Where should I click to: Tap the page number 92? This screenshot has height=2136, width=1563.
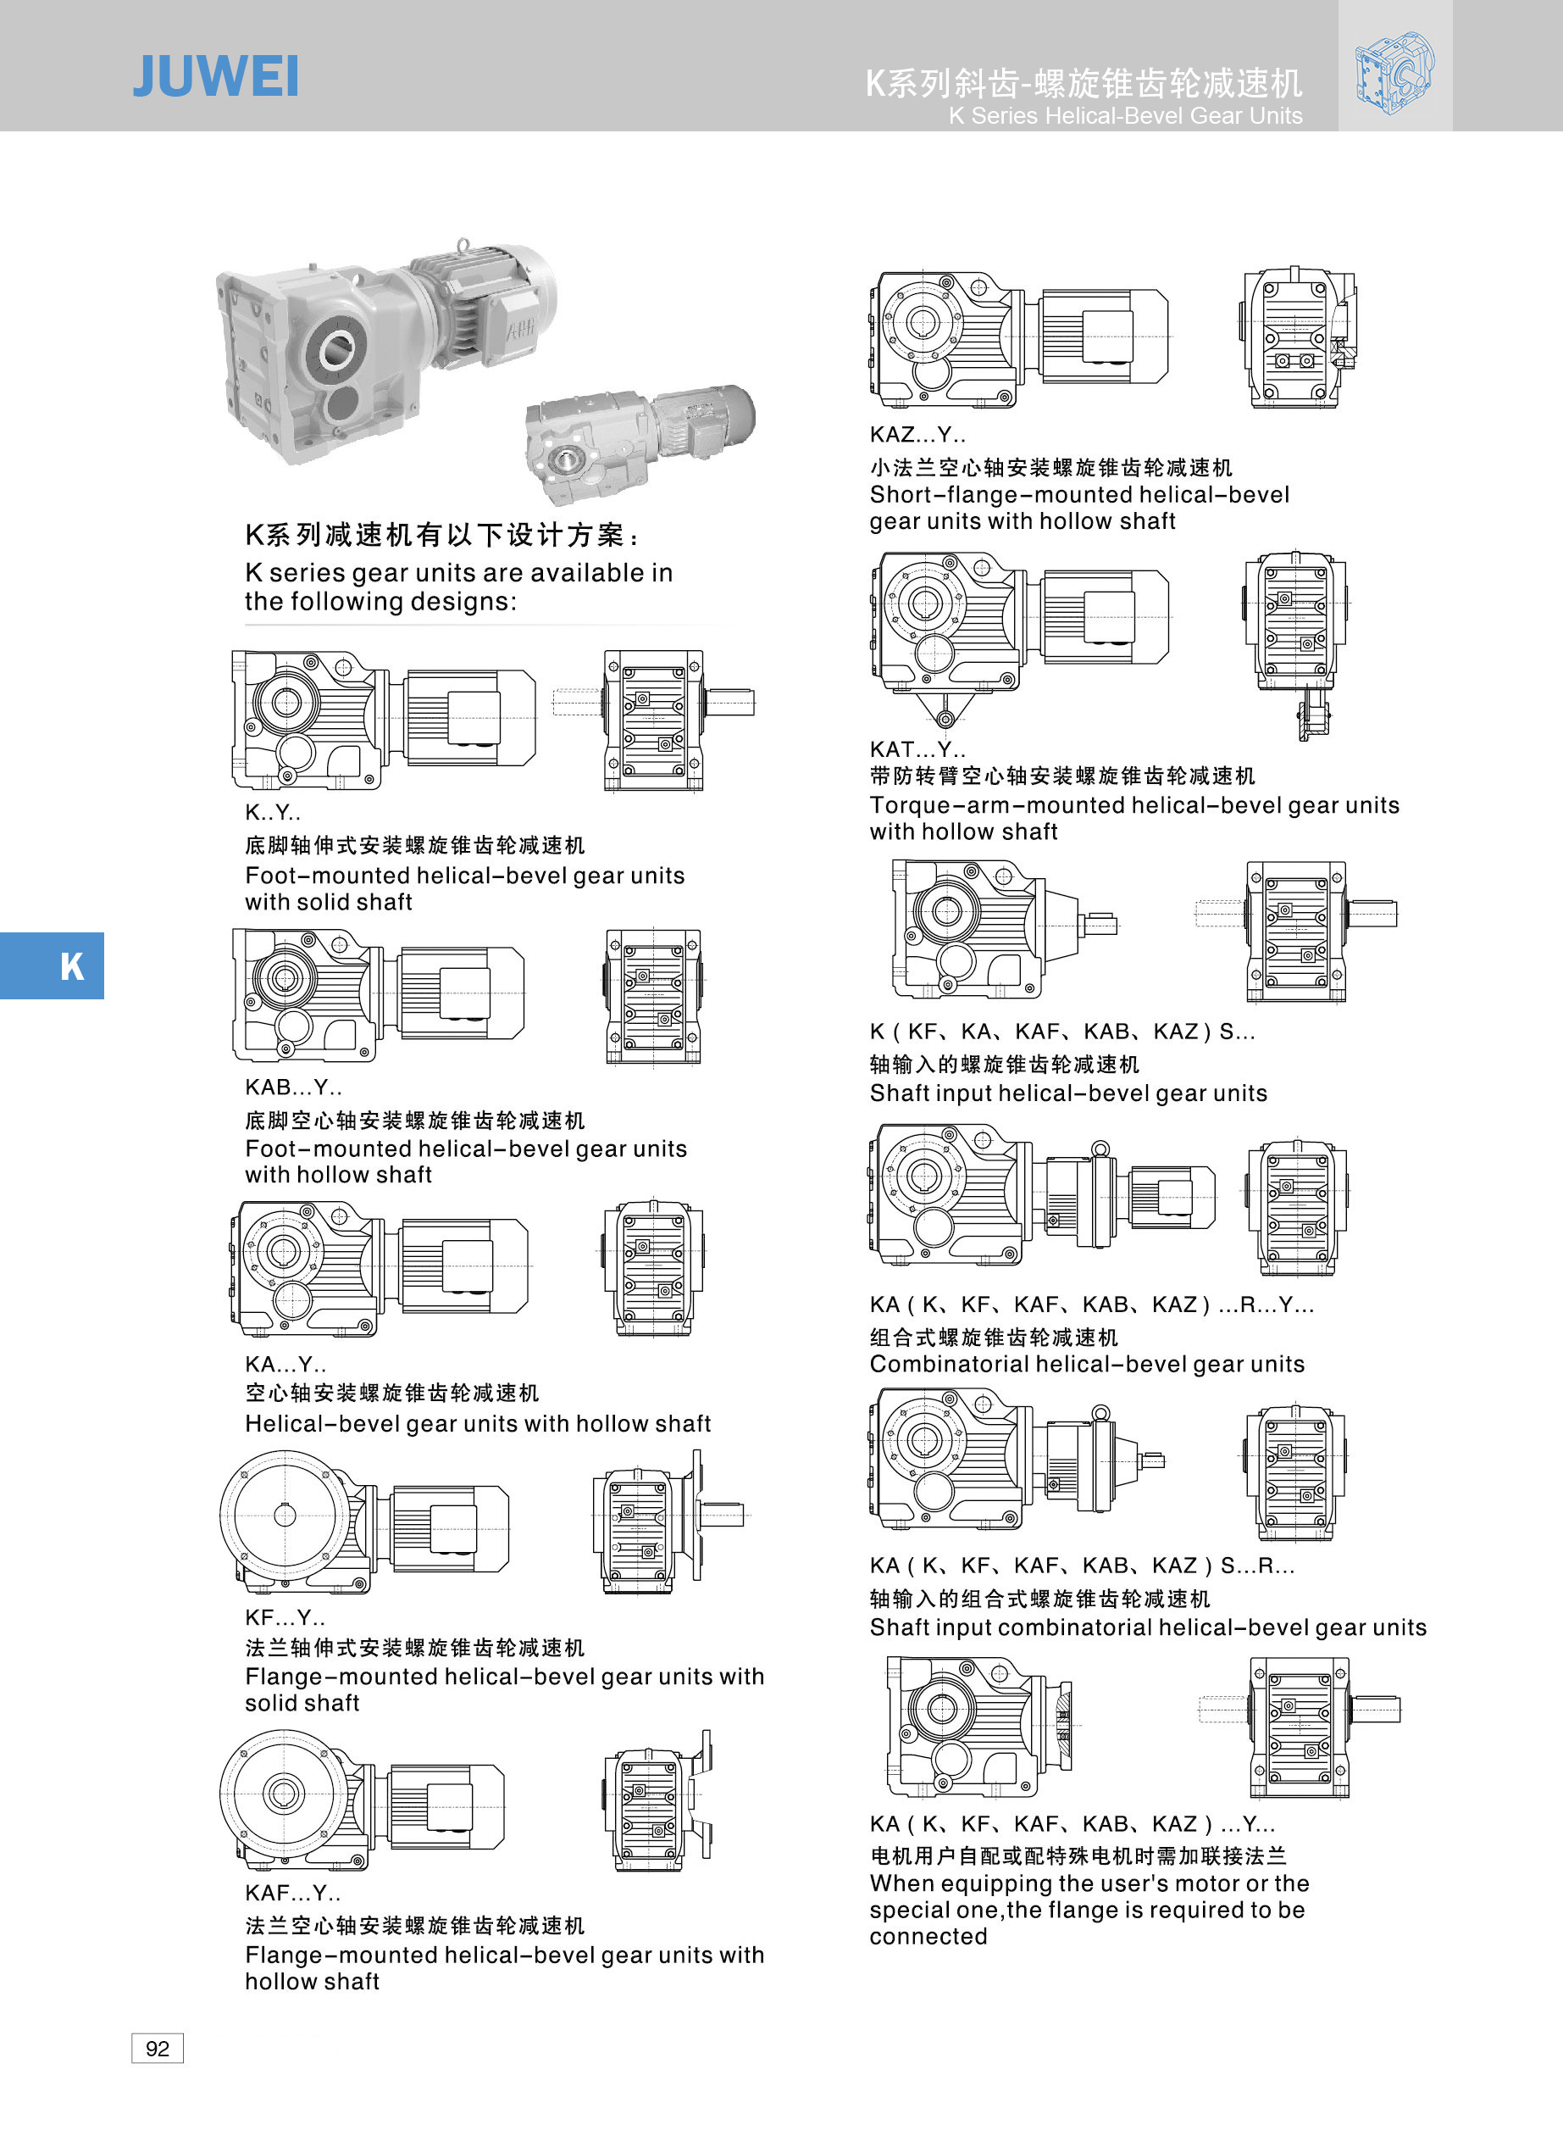pyautogui.click(x=157, y=2048)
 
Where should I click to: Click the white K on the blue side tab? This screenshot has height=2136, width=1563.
pyautogui.click(x=72, y=966)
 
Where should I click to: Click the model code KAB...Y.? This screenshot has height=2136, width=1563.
pyautogui.click(x=293, y=1087)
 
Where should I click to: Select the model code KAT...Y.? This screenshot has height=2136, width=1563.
pyautogui.click(x=917, y=749)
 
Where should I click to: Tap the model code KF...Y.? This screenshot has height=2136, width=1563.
pyautogui.click(x=285, y=1617)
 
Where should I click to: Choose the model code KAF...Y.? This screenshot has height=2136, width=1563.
pyautogui.click(x=292, y=1893)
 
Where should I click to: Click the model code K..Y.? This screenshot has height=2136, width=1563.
pyautogui.click(x=273, y=812)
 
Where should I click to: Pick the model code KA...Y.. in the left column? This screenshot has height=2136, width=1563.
pyautogui.click(x=285, y=1364)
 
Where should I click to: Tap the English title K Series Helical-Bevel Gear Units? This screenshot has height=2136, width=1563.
pyautogui.click(x=1125, y=115)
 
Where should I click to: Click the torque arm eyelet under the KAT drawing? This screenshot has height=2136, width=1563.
pyautogui.click(x=945, y=720)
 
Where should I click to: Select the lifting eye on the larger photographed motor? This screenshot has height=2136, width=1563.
pyautogui.click(x=462, y=246)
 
